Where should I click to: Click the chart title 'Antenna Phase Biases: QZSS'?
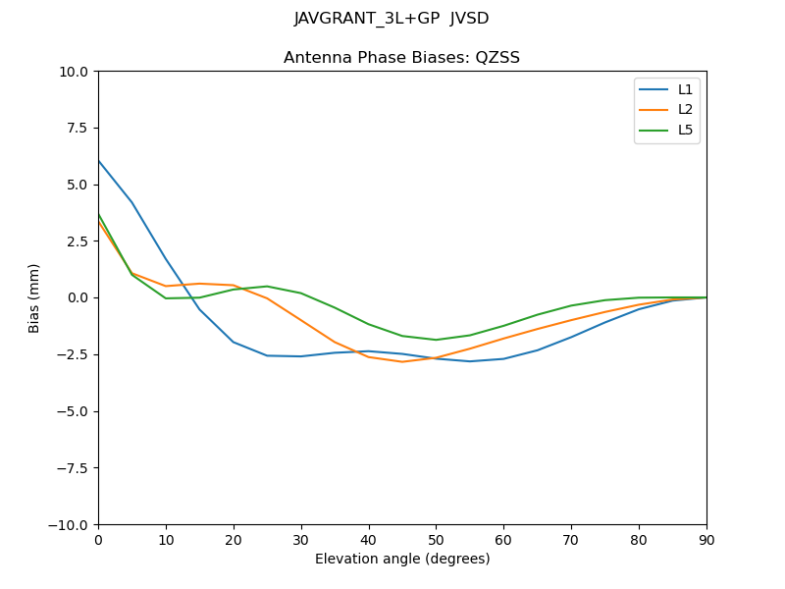(x=401, y=58)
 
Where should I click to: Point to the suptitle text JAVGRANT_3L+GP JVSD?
(x=392, y=19)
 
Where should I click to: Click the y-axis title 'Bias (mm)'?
(x=34, y=297)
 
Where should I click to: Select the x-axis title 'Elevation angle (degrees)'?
(x=401, y=559)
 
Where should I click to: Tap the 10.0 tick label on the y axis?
(x=73, y=72)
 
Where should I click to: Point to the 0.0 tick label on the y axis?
(x=77, y=297)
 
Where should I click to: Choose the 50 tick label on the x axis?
(x=436, y=539)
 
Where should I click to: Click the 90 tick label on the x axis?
(x=706, y=539)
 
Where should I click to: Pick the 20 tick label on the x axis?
(x=234, y=539)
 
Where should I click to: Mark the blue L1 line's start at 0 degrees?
(x=99, y=161)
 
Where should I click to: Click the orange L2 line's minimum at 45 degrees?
(x=402, y=361)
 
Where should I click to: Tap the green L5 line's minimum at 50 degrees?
(x=436, y=340)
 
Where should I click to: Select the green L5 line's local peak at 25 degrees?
(x=267, y=287)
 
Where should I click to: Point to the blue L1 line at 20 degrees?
(x=234, y=342)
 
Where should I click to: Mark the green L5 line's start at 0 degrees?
(x=99, y=214)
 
